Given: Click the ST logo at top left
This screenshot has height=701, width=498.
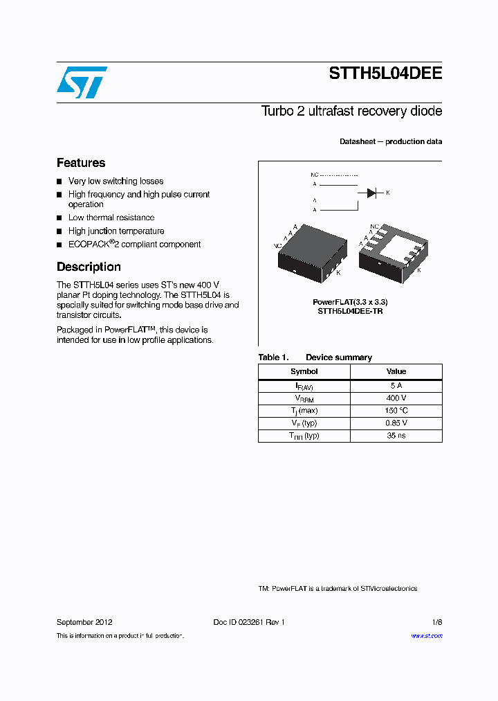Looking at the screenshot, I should tap(82, 82).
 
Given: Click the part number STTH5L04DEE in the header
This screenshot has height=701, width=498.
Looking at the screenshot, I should tap(385, 76).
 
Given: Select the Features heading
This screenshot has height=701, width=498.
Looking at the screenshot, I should tap(81, 163).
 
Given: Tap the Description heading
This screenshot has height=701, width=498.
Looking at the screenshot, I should tap(89, 267).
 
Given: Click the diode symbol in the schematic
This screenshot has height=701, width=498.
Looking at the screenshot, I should tap(371, 193).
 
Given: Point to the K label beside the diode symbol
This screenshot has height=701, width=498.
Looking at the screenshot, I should tap(388, 193).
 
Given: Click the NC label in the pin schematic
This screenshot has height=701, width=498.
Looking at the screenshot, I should tap(315, 175).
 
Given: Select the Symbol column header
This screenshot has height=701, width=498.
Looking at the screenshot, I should tap(304, 371).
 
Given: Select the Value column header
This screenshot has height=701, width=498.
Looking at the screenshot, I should tap(396, 371).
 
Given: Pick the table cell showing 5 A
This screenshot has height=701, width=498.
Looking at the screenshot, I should tap(396, 386).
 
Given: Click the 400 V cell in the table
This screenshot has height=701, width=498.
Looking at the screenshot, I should tap(396, 398).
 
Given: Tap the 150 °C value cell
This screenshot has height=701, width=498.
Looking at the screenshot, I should tap(396, 411).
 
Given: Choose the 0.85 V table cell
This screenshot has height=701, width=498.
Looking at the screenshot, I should tap(396, 423).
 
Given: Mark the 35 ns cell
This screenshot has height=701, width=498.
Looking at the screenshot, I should tap(396, 436).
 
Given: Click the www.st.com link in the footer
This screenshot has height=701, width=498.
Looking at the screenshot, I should tap(427, 635).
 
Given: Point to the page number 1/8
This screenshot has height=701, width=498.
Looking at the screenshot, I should tap(436, 622).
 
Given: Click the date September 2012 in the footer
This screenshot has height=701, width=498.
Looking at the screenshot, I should tap(84, 622).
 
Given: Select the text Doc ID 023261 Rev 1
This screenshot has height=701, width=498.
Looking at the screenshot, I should tap(249, 622).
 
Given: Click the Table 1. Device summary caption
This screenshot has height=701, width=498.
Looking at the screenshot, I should tap(315, 357).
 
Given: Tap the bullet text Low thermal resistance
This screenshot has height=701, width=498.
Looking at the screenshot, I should tap(111, 218).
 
